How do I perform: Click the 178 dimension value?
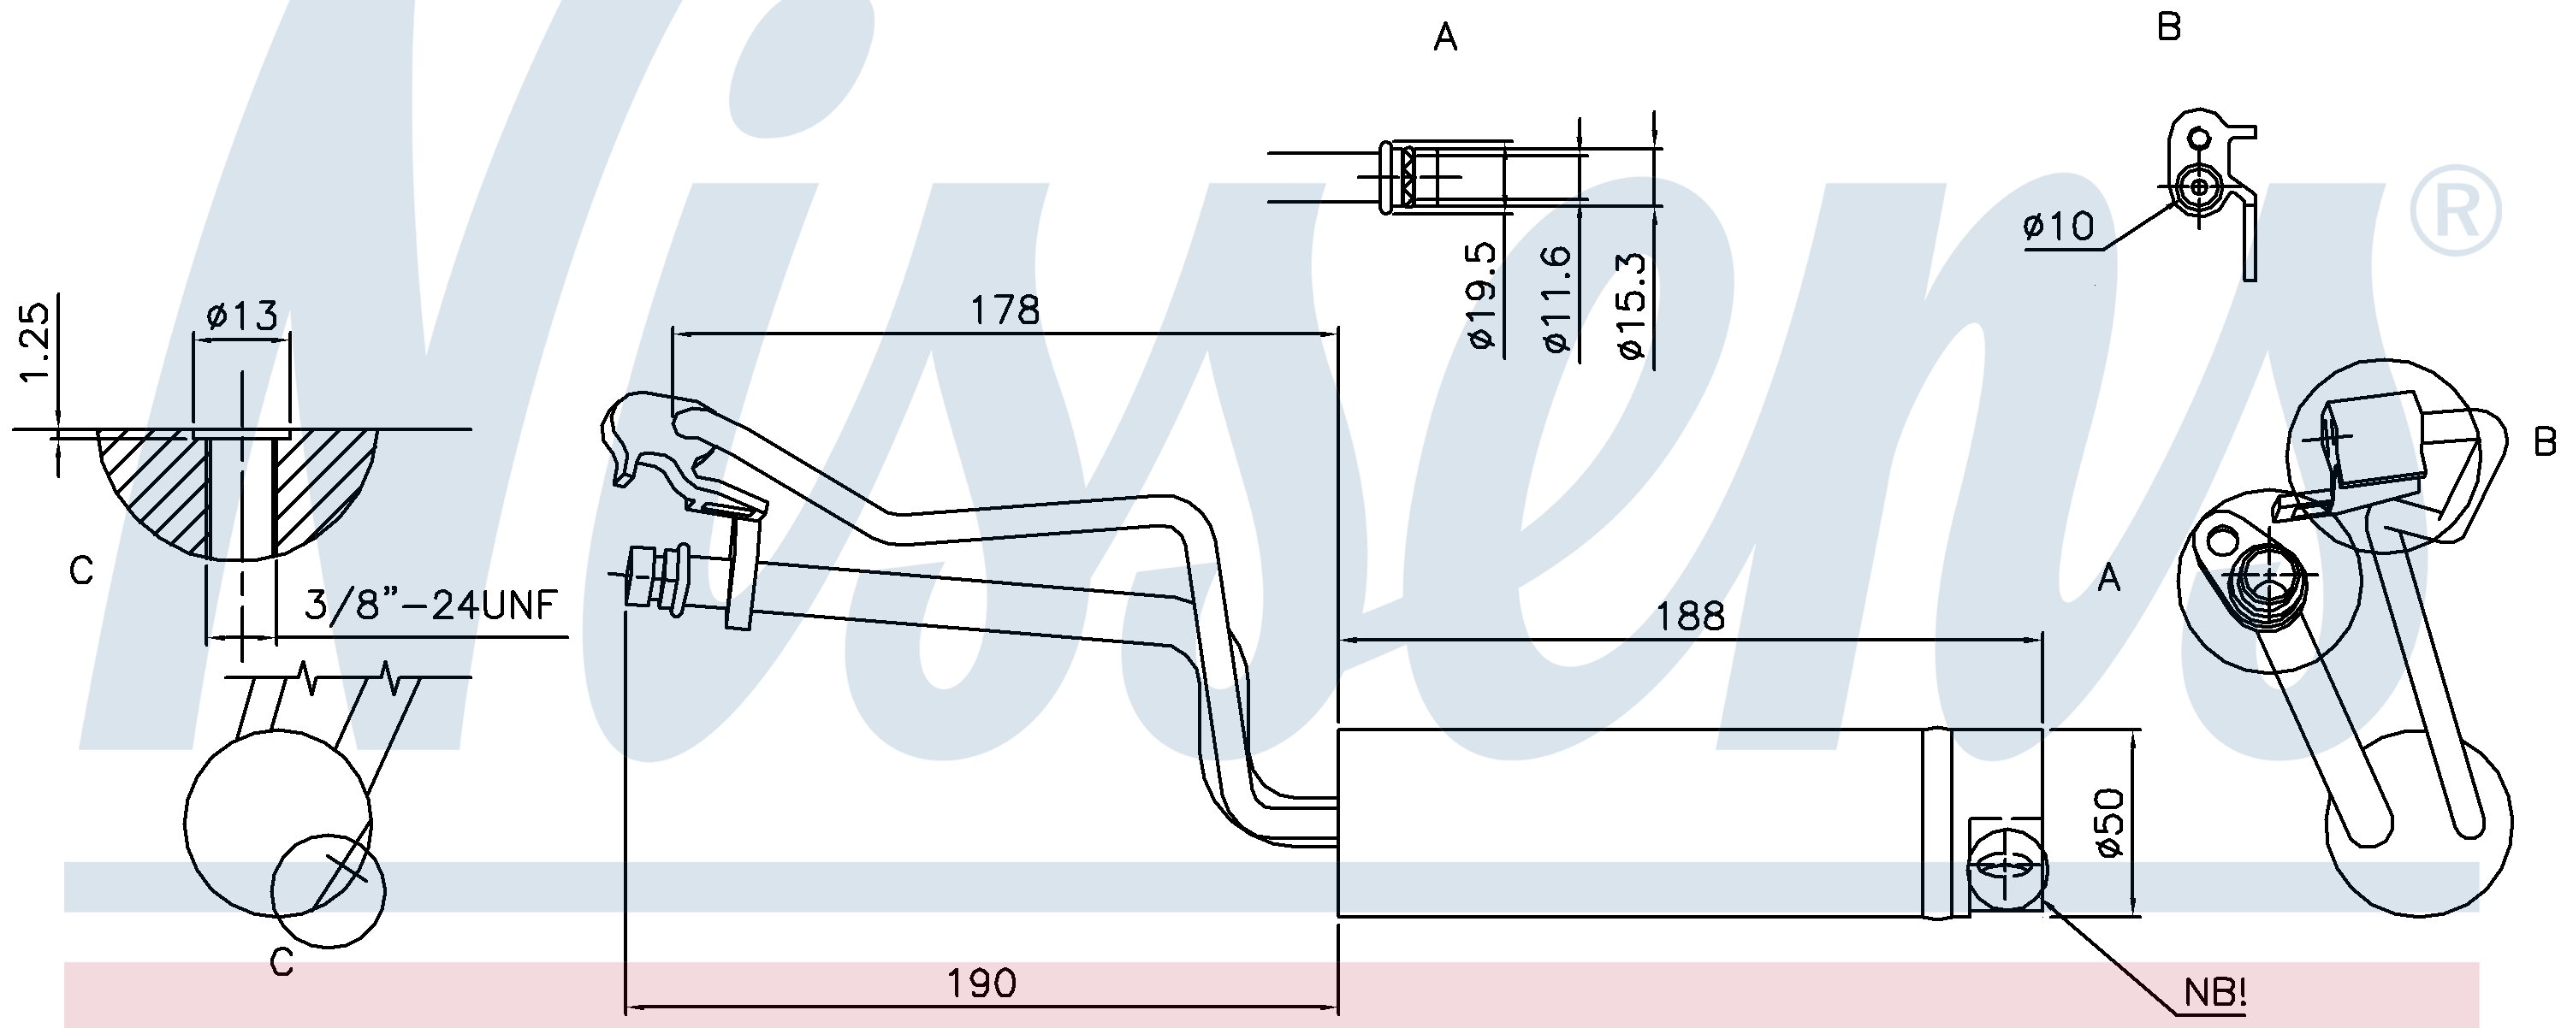click(1005, 310)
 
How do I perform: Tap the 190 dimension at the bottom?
click(981, 984)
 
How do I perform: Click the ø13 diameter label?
click(242, 316)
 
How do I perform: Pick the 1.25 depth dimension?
click(35, 342)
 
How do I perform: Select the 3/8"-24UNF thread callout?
click(430, 605)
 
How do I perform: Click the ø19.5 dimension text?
click(1482, 295)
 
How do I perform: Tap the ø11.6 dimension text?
click(1556, 298)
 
